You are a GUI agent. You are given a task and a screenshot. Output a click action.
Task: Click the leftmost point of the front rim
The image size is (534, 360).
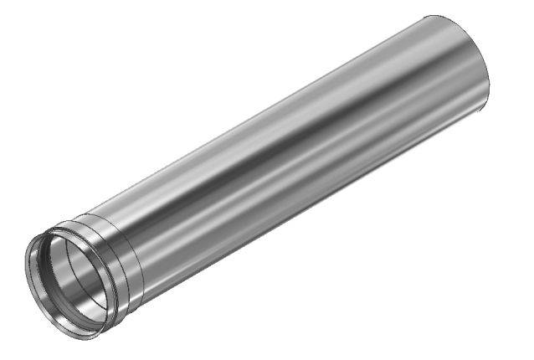point(24,266)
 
